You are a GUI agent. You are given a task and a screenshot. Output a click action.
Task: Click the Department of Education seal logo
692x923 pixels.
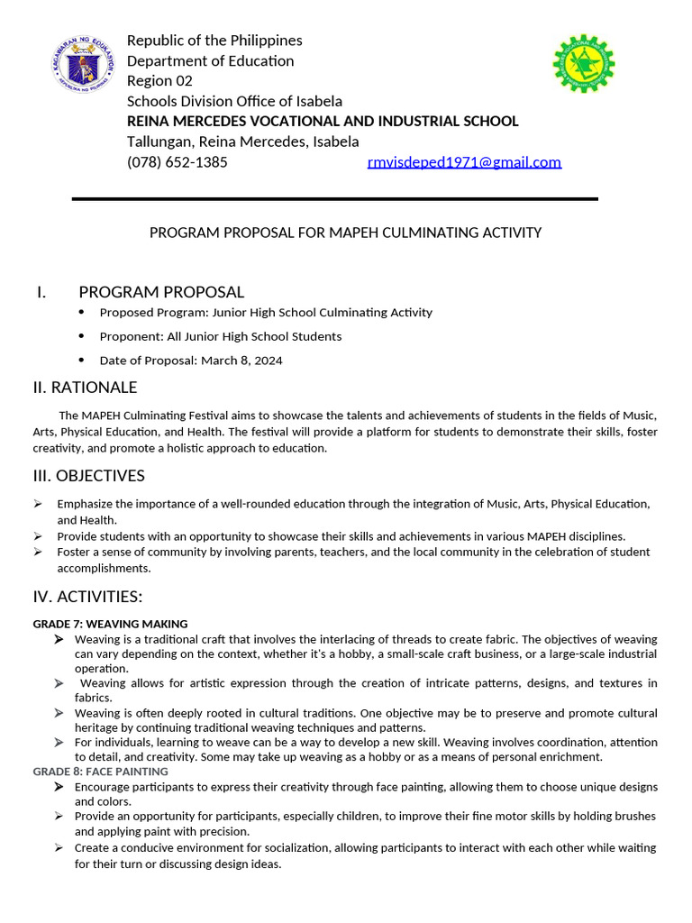tap(84, 67)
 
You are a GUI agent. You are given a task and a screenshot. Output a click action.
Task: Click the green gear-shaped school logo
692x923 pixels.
tap(583, 64)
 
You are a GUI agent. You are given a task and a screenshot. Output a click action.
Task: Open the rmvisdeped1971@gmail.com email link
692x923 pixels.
tap(464, 162)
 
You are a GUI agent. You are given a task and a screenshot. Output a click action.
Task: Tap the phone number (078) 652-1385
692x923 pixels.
tap(177, 162)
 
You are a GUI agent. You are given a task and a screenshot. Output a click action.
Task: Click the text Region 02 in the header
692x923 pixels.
tap(159, 81)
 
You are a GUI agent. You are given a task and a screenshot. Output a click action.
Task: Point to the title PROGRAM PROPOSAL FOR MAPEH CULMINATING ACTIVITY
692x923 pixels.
tap(345, 233)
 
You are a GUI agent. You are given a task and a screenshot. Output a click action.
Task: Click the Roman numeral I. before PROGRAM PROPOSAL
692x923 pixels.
tap(41, 292)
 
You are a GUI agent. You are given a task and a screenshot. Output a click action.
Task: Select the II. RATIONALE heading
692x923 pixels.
tap(85, 388)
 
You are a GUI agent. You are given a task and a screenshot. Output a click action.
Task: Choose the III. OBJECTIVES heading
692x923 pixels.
tap(88, 476)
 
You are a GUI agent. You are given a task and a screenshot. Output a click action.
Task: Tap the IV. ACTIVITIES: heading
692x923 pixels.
tap(87, 597)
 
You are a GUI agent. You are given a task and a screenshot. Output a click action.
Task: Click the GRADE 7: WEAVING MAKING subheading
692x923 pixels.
tap(110, 624)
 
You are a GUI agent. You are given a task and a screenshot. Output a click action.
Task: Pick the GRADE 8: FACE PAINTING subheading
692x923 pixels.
tap(100, 772)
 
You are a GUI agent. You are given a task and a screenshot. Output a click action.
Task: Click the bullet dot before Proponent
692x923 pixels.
tap(81, 336)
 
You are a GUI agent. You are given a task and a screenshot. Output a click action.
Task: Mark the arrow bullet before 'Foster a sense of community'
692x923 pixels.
tap(38, 552)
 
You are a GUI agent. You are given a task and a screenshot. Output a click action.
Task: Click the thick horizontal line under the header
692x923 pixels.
tap(334, 198)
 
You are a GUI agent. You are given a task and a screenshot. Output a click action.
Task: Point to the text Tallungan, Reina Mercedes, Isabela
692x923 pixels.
tap(242, 142)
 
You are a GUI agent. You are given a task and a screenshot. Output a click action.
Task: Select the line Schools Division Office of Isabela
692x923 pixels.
tap(234, 101)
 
